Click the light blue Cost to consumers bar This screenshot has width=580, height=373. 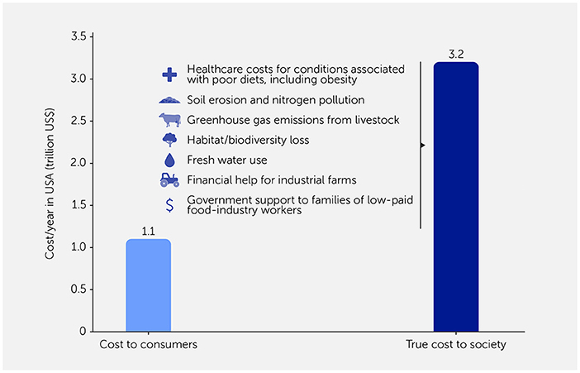[x=148, y=285]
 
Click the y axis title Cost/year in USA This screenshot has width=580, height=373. [x=51, y=184]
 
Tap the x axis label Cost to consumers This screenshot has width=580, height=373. [x=148, y=344]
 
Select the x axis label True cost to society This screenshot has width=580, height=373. [x=456, y=344]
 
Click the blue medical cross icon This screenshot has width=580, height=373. [x=169, y=74]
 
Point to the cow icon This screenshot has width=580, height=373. [x=169, y=120]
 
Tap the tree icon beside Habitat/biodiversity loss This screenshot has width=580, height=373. [x=169, y=140]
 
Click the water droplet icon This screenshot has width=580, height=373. [x=169, y=160]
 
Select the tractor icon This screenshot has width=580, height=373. [x=169, y=179]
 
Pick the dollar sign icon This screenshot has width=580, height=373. [x=169, y=204]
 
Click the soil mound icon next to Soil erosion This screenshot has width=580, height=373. [x=169, y=100]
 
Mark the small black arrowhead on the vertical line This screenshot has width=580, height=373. [x=422, y=146]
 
